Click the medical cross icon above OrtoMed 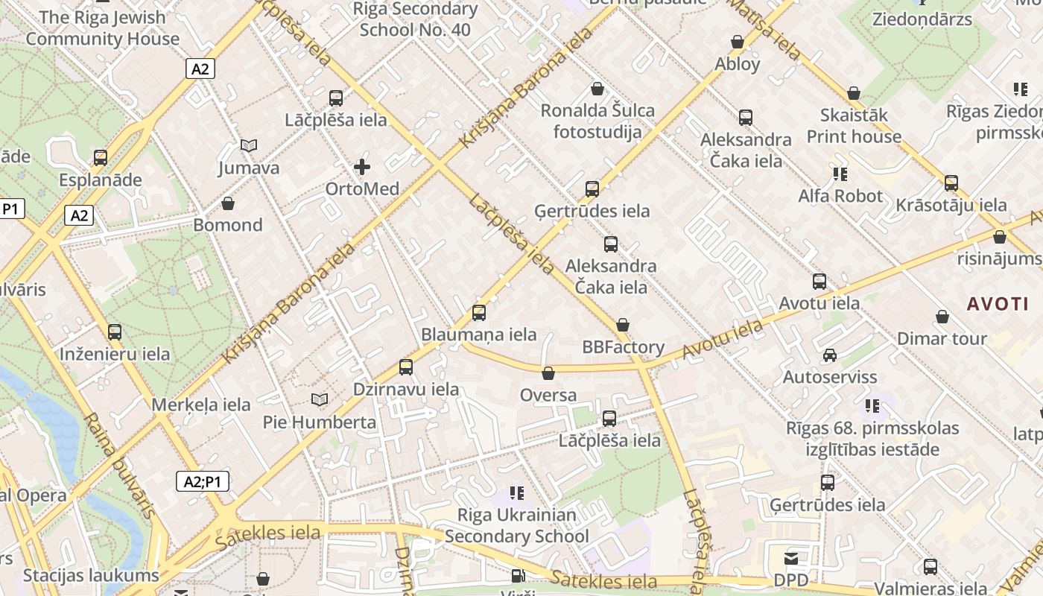362,167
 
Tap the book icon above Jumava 249,146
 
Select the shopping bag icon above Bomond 228,203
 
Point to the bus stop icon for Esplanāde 101,158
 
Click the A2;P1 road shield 203,481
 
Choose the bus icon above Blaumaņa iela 479,313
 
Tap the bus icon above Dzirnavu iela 406,367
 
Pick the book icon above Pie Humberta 320,400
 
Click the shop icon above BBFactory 623,326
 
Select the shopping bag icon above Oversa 548,373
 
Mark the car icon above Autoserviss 830,355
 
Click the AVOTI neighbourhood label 998,304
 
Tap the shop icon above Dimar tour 942,317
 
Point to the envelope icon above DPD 791,558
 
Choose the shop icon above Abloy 738,42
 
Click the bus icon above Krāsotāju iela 951,183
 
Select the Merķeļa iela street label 201,405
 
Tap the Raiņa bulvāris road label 121,466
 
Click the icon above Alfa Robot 840,174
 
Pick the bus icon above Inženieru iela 115,332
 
